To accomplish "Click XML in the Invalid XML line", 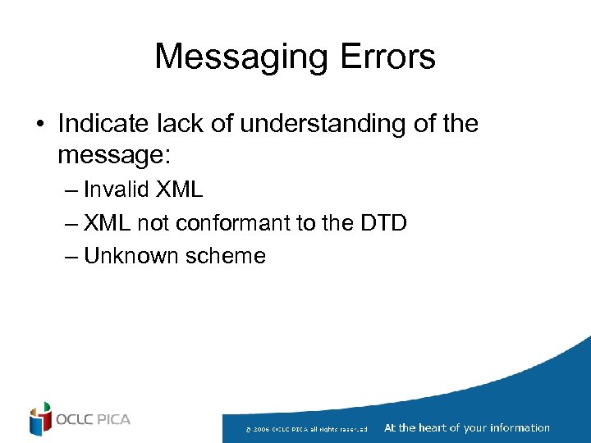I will [179, 190].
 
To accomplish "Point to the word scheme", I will [225, 256].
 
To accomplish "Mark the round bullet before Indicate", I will [39, 125].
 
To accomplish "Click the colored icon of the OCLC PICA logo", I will [40, 419].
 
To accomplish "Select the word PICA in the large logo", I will [112, 420].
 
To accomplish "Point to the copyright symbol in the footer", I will [248, 429].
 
